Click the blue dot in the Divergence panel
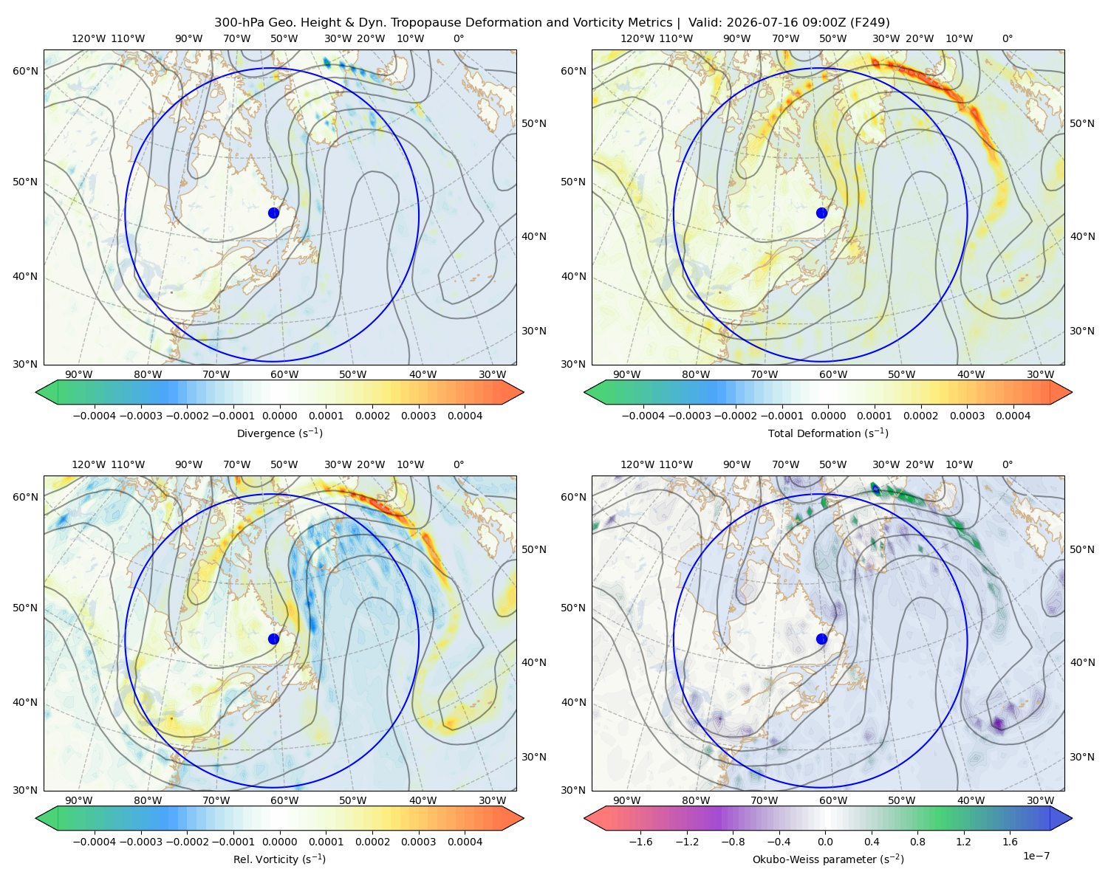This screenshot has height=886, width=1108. coord(273,213)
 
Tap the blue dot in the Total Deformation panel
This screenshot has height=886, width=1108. coord(821,213)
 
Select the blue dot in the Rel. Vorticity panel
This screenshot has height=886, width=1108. coord(273,639)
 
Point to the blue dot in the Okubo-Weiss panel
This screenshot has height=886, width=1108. coord(821,639)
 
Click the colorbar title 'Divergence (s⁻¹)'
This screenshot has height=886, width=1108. coord(279,433)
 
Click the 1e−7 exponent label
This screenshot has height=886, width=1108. coord(1036,856)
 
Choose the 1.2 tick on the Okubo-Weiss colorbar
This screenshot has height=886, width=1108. coord(963,842)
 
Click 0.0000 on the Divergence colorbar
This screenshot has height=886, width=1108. coord(279,416)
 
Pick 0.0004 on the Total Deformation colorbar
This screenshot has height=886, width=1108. coord(1013,416)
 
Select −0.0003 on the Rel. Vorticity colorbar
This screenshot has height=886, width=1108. coord(140,842)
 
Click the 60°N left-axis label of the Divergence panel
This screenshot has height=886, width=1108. coord(25,71)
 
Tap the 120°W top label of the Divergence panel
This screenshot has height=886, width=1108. coord(89,38)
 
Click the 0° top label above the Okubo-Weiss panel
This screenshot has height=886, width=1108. coord(1008,464)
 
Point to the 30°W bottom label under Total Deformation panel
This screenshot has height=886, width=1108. coord(1040,375)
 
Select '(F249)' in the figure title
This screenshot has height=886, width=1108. coord(871,23)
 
